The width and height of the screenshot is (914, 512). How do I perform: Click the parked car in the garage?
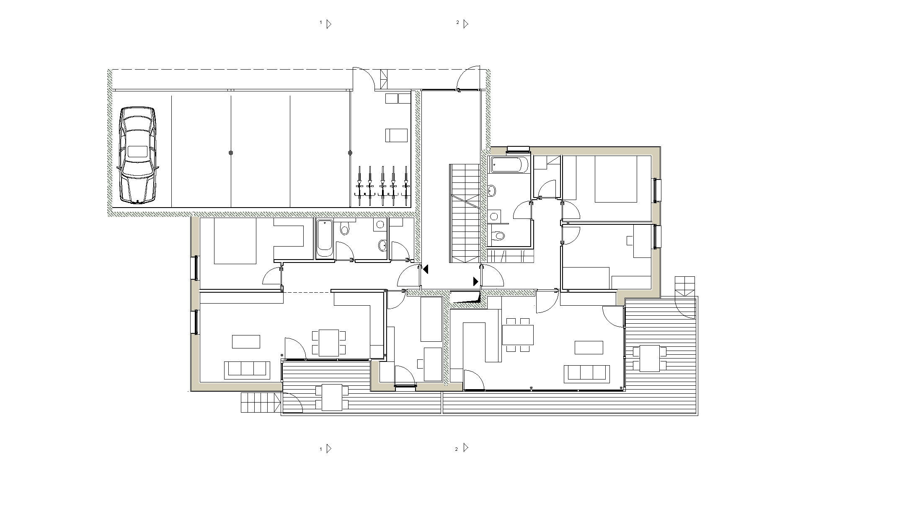click(x=138, y=155)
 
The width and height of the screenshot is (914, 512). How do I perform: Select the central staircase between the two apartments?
click(x=465, y=213)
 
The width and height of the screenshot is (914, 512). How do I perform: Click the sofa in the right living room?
click(x=587, y=374)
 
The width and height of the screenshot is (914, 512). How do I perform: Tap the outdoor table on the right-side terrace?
click(x=650, y=359)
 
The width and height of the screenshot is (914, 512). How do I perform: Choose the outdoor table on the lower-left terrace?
click(x=332, y=398)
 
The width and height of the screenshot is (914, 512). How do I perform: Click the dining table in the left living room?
click(x=329, y=343)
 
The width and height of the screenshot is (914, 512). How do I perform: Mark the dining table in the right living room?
click(x=518, y=335)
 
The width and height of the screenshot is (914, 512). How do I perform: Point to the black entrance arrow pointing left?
click(x=426, y=270)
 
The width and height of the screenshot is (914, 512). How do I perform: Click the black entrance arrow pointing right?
click(x=476, y=281)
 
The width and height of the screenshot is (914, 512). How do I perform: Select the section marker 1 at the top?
click(x=326, y=23)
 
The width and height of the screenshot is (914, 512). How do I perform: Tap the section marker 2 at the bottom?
click(x=462, y=448)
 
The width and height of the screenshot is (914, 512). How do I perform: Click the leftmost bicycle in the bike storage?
click(x=359, y=186)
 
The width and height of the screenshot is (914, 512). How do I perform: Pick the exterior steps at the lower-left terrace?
click(x=261, y=403)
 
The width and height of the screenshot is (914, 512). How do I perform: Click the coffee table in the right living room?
click(x=589, y=348)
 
